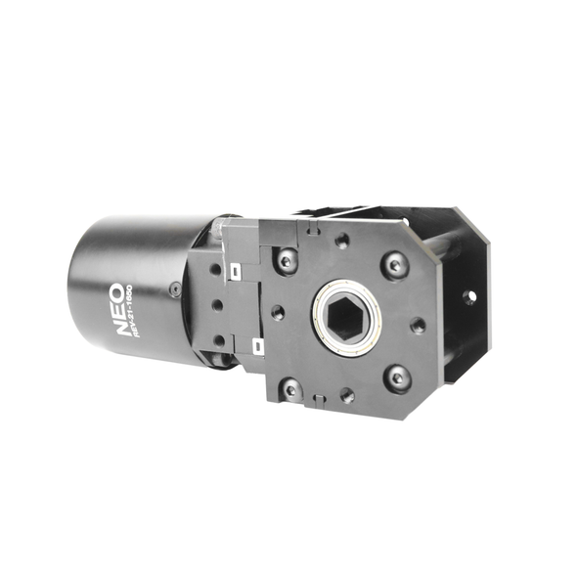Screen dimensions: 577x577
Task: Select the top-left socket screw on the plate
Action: [x=285, y=259]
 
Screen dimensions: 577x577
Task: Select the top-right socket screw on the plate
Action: [x=395, y=264]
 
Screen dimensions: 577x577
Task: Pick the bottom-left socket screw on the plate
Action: [x=290, y=389]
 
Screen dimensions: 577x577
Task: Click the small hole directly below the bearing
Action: [x=346, y=396]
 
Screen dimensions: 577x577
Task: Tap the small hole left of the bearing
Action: [x=278, y=314]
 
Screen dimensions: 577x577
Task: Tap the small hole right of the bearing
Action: [x=419, y=325]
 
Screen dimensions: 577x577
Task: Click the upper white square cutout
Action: [x=236, y=270]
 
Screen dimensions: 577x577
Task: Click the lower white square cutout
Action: [x=255, y=343]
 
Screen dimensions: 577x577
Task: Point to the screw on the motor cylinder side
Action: [x=174, y=288]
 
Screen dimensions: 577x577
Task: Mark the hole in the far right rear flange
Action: [x=469, y=295]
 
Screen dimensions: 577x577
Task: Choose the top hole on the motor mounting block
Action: [x=214, y=268]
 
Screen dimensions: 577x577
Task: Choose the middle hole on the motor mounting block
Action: [x=216, y=303]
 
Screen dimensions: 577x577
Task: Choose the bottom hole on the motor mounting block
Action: [x=219, y=339]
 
